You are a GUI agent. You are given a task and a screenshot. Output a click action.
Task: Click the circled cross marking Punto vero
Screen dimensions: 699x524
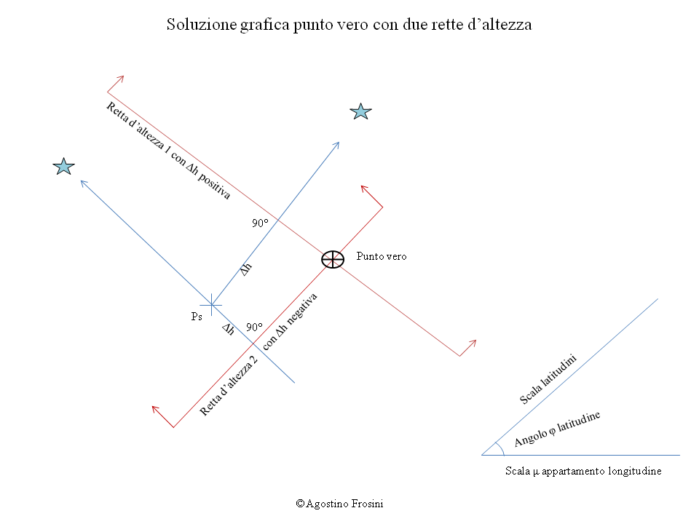click(333, 259)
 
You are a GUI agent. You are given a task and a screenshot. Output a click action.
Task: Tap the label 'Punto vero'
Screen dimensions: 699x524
click(382, 256)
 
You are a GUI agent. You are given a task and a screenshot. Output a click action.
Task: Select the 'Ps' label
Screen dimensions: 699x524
click(197, 317)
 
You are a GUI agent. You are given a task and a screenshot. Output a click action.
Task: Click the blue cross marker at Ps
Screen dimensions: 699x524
click(211, 305)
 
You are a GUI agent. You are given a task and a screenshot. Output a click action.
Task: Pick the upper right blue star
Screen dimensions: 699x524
click(360, 111)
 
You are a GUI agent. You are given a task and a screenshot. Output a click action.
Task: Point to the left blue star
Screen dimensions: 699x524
click(64, 166)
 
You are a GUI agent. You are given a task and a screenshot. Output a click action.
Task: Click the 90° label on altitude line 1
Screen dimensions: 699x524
click(261, 223)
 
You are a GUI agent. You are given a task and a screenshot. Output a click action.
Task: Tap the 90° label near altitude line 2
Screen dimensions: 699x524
click(255, 327)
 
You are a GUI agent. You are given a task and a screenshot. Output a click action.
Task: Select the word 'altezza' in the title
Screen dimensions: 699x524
click(508, 25)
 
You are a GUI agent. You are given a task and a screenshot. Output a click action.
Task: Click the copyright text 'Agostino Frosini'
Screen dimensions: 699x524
click(344, 504)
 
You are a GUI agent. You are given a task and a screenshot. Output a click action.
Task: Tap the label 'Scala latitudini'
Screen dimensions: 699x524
click(548, 379)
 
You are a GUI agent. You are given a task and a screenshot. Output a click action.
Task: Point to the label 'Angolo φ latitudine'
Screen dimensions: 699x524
click(557, 429)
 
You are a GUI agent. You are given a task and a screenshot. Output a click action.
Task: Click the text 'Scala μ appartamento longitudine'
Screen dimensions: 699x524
click(583, 471)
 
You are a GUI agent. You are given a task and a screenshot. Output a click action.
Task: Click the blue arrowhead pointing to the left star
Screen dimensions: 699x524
click(83, 183)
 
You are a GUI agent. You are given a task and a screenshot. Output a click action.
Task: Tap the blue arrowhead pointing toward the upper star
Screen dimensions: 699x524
click(336, 146)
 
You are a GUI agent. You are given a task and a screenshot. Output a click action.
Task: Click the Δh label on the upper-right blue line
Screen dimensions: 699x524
click(246, 269)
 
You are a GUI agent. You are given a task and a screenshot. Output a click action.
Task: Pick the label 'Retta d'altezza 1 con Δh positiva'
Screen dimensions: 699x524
click(168, 151)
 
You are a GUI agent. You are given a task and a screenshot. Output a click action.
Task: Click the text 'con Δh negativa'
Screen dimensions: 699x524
click(290, 321)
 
